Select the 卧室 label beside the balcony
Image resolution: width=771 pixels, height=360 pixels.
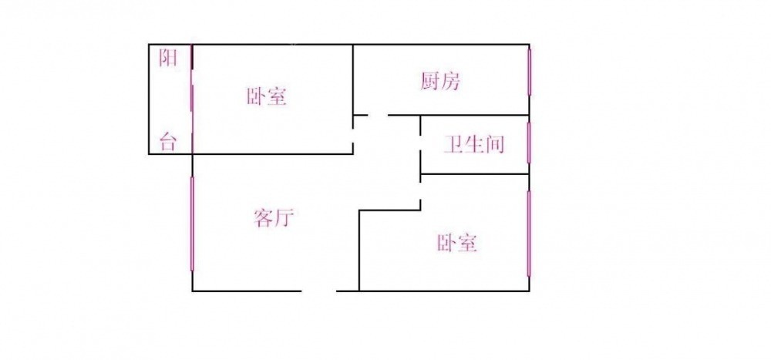[x=267, y=97]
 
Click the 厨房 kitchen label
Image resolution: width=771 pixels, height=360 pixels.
[x=441, y=81]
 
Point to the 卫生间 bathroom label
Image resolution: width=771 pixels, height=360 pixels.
[x=473, y=144]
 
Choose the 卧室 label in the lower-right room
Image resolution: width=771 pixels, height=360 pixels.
[x=457, y=244]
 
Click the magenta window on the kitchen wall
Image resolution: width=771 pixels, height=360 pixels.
[x=529, y=72]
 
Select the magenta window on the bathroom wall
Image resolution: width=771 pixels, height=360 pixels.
[x=529, y=142]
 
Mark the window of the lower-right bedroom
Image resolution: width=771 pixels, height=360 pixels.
[x=529, y=234]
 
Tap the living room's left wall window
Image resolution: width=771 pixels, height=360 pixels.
[x=192, y=224]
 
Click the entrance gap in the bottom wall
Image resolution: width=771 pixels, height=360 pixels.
[x=318, y=291]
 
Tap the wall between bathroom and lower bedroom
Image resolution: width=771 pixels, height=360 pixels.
[x=474, y=174]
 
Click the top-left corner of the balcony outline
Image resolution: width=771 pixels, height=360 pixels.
[x=149, y=45]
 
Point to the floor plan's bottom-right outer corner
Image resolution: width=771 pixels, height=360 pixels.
[x=529, y=291]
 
